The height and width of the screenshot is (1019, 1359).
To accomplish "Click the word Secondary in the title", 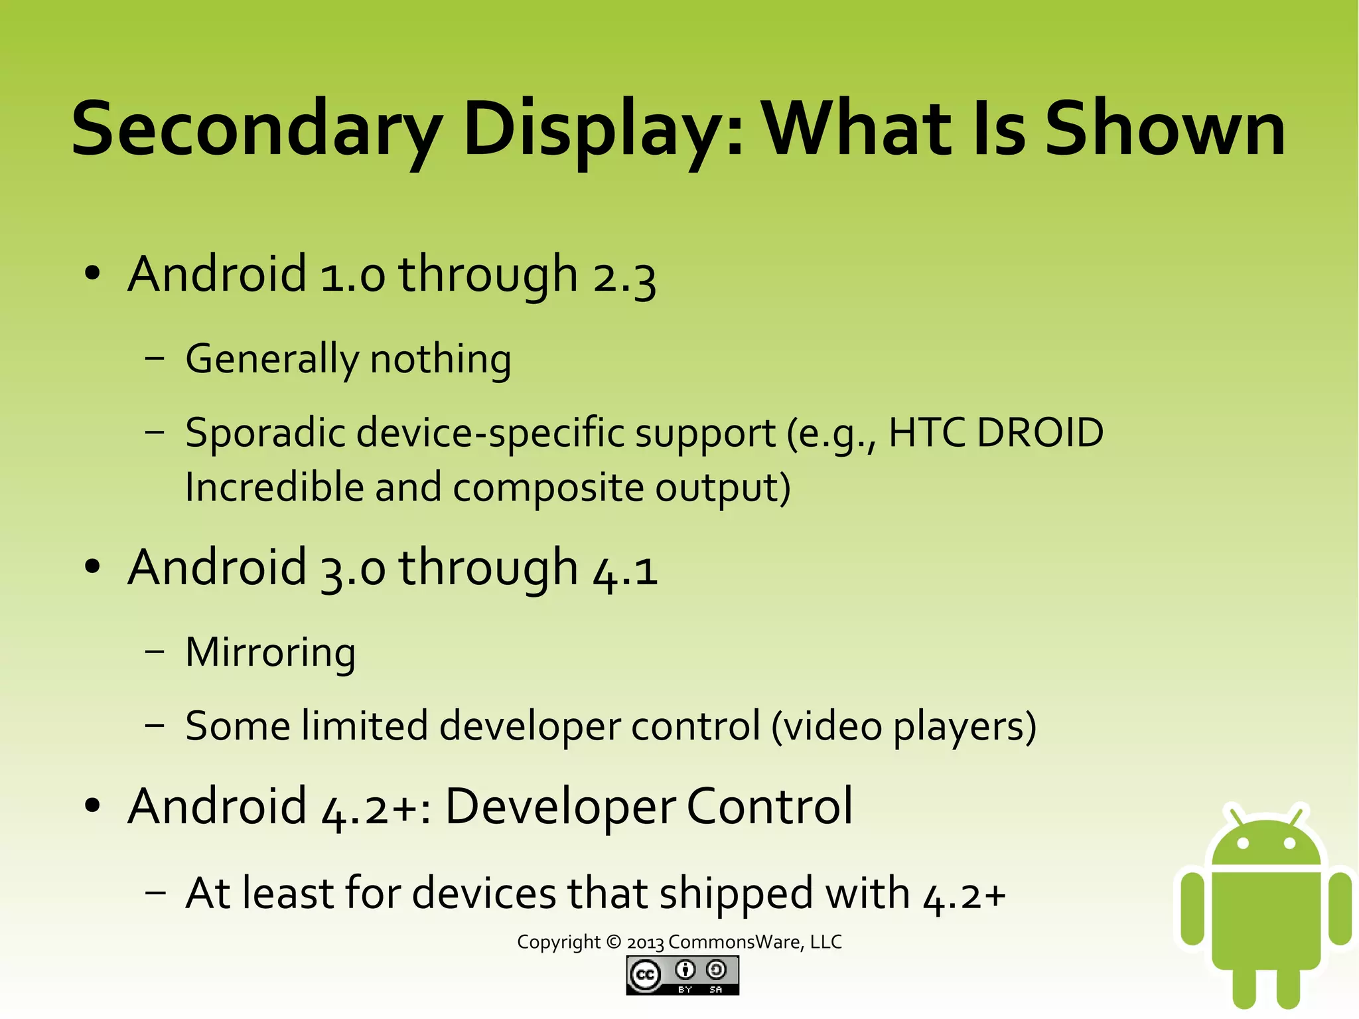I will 255,129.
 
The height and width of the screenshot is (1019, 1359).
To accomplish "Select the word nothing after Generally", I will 441,360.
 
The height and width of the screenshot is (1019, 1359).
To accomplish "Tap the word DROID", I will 1040,433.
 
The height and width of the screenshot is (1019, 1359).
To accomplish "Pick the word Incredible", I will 274,488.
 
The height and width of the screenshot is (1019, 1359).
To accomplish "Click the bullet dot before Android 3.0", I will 92,567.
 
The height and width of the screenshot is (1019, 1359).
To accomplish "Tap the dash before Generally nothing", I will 155,358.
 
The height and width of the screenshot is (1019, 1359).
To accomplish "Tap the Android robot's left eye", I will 1243,843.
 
